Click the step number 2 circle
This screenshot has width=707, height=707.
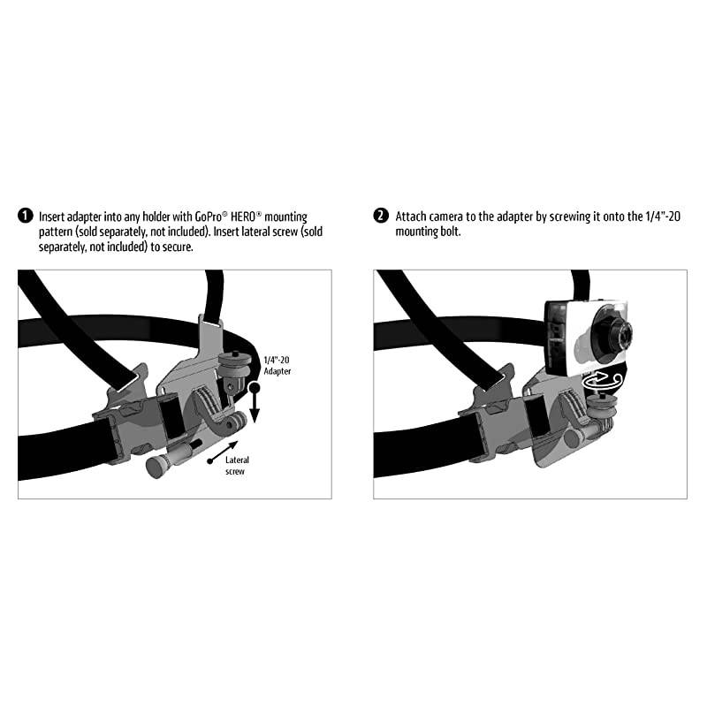(x=381, y=217)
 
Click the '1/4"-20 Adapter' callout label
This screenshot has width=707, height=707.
(x=277, y=365)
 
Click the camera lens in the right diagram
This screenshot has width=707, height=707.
(x=618, y=335)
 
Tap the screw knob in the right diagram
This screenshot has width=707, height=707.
(x=572, y=436)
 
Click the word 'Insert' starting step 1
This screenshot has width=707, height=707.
(x=51, y=217)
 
